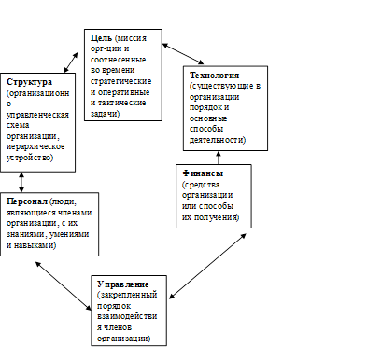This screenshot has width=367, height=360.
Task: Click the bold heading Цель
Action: coord(101,38)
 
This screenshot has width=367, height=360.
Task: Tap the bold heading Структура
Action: coord(29,82)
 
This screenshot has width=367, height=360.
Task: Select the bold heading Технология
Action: coord(215,76)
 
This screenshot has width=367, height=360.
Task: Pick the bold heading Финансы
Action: coord(203,173)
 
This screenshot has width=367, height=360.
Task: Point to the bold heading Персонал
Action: coord(27,201)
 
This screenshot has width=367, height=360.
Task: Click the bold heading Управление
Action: coord(123,284)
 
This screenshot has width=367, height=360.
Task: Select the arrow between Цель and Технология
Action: coord(183,54)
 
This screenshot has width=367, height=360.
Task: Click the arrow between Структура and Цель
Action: coord(71,62)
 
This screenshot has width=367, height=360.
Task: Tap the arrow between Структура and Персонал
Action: coord(21,182)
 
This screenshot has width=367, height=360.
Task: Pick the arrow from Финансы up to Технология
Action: coord(219,158)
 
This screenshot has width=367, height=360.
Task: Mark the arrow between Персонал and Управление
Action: coord(64,286)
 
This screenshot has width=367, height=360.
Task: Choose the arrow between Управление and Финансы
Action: coord(207,266)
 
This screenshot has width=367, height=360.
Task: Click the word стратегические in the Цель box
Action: coord(121,81)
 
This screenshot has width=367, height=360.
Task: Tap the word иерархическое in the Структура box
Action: coord(35,146)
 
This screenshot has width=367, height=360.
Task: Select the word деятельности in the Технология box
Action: coord(218,140)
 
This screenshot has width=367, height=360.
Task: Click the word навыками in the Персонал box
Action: coord(35,245)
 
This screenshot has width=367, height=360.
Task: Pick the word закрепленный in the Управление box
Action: coord(129,295)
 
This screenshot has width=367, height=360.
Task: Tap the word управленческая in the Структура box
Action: coord(37,115)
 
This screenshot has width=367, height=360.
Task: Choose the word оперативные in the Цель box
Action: coord(123,92)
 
